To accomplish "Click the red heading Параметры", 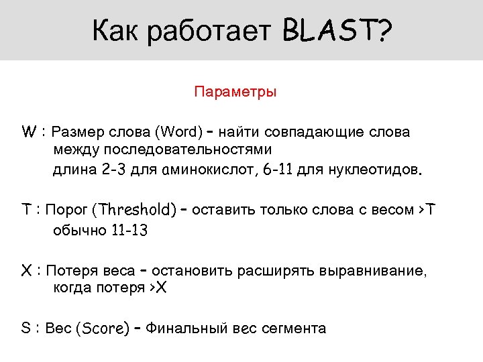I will click(x=235, y=91).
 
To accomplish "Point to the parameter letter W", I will click(x=28, y=131).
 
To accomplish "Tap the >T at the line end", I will click(x=426, y=210).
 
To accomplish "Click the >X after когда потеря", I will click(x=161, y=289).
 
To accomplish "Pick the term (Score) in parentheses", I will click(x=103, y=329).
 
